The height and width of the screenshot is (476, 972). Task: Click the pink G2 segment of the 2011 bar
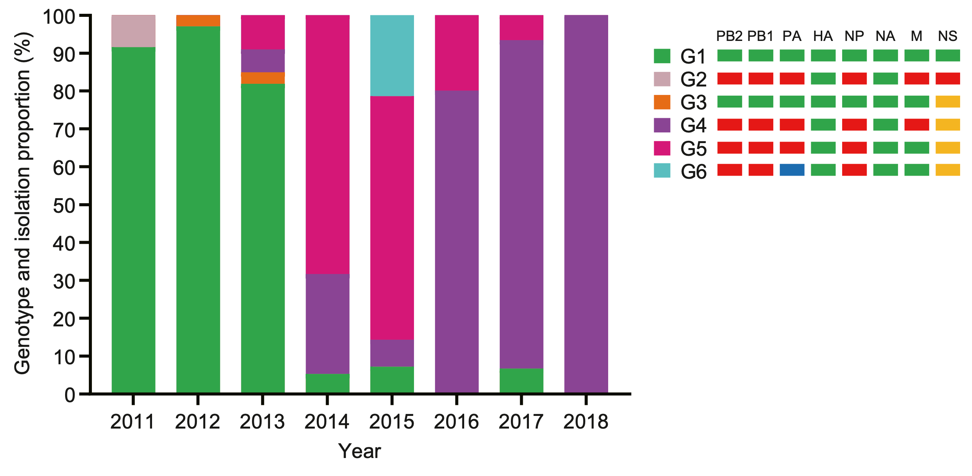[133, 31]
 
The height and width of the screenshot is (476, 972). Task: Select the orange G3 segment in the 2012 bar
[198, 21]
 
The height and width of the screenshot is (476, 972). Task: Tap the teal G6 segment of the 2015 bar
[392, 55]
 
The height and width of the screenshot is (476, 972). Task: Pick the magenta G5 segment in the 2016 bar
[457, 53]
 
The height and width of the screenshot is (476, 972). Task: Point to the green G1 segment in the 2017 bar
[521, 381]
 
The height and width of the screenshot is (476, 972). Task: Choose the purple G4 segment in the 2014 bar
[327, 324]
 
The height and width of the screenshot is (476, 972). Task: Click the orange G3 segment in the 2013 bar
[263, 78]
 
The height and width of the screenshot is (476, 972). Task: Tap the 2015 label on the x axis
[392, 422]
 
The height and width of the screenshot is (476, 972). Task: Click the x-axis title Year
[359, 451]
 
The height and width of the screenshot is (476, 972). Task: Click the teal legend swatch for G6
[662, 171]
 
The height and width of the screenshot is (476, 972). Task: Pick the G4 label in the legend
[693, 126]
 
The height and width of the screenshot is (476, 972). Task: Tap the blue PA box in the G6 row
[792, 170]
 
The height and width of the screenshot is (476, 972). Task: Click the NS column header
[947, 36]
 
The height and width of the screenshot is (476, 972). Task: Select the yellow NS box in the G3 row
[947, 101]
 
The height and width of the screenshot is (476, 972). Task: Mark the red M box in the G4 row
[916, 125]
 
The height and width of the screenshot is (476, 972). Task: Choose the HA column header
[823, 36]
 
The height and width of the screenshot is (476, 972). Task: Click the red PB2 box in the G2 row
[729, 78]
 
